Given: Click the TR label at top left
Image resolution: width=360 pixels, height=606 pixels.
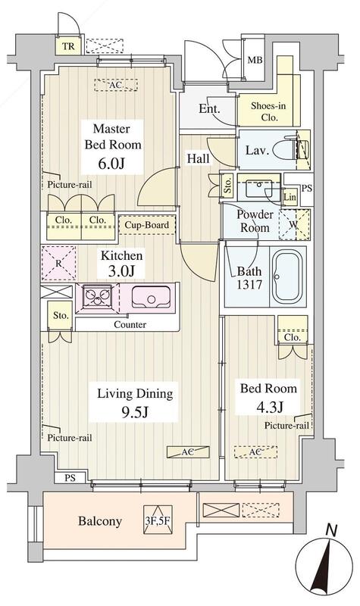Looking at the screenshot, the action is (x=68, y=47).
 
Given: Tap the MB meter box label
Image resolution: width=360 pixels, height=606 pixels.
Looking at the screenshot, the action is (x=255, y=60).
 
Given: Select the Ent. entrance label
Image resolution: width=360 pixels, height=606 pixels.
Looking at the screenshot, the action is (x=209, y=108).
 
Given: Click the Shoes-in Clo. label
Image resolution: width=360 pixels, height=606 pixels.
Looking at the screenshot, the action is (x=268, y=111).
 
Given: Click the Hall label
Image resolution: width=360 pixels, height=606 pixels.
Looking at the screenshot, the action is (x=199, y=158).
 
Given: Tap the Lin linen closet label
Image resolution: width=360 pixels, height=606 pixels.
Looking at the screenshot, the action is (x=290, y=197).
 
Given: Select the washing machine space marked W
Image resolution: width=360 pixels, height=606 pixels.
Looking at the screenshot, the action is (x=294, y=224).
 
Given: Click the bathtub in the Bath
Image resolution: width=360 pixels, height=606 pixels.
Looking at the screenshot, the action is (x=287, y=276).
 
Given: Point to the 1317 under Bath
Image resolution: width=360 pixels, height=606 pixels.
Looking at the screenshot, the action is (x=249, y=285).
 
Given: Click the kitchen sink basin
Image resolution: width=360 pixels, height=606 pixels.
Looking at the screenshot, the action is (x=151, y=297).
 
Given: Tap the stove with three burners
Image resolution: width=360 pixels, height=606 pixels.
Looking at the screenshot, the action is (x=97, y=297).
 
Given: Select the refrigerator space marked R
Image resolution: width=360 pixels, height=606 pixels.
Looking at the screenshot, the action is (x=59, y=263).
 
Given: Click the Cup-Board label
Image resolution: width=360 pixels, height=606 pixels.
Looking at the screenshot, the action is (x=146, y=225).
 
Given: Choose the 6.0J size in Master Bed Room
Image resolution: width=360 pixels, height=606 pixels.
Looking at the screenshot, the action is (x=111, y=164).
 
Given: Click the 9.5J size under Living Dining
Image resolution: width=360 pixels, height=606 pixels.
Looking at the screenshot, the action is (x=134, y=413).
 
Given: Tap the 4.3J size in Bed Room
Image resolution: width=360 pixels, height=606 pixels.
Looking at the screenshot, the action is (x=269, y=406).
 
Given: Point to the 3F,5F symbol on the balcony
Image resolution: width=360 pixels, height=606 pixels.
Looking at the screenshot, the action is (x=157, y=520).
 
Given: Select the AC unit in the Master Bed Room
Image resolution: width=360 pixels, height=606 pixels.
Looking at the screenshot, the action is (x=116, y=85).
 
